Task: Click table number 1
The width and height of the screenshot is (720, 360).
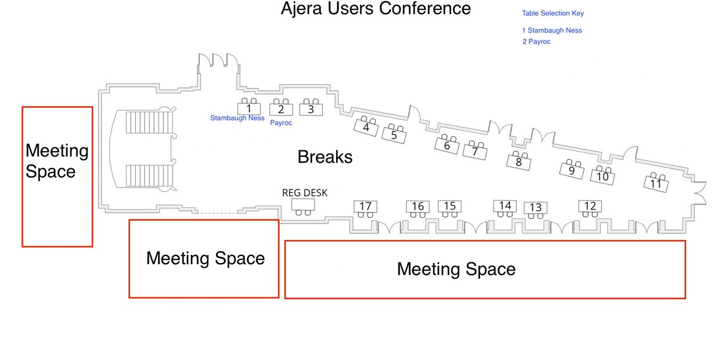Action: [x=249, y=109]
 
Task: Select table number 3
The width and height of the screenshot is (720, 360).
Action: [x=311, y=110]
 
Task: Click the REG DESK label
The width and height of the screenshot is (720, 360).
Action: [x=305, y=193]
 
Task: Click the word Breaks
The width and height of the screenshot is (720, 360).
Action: [x=325, y=157]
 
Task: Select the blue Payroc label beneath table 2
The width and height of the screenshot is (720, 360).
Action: [x=281, y=123]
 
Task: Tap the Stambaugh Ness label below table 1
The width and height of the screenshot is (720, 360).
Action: [x=237, y=118]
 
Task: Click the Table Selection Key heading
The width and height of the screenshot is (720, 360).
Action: [x=553, y=13]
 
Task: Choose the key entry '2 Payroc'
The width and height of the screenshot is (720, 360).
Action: [x=536, y=41]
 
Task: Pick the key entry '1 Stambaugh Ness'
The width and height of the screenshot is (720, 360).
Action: [x=552, y=30]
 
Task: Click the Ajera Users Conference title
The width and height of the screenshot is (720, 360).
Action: [x=376, y=8]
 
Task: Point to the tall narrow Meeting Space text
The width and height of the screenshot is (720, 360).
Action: [x=57, y=161]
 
